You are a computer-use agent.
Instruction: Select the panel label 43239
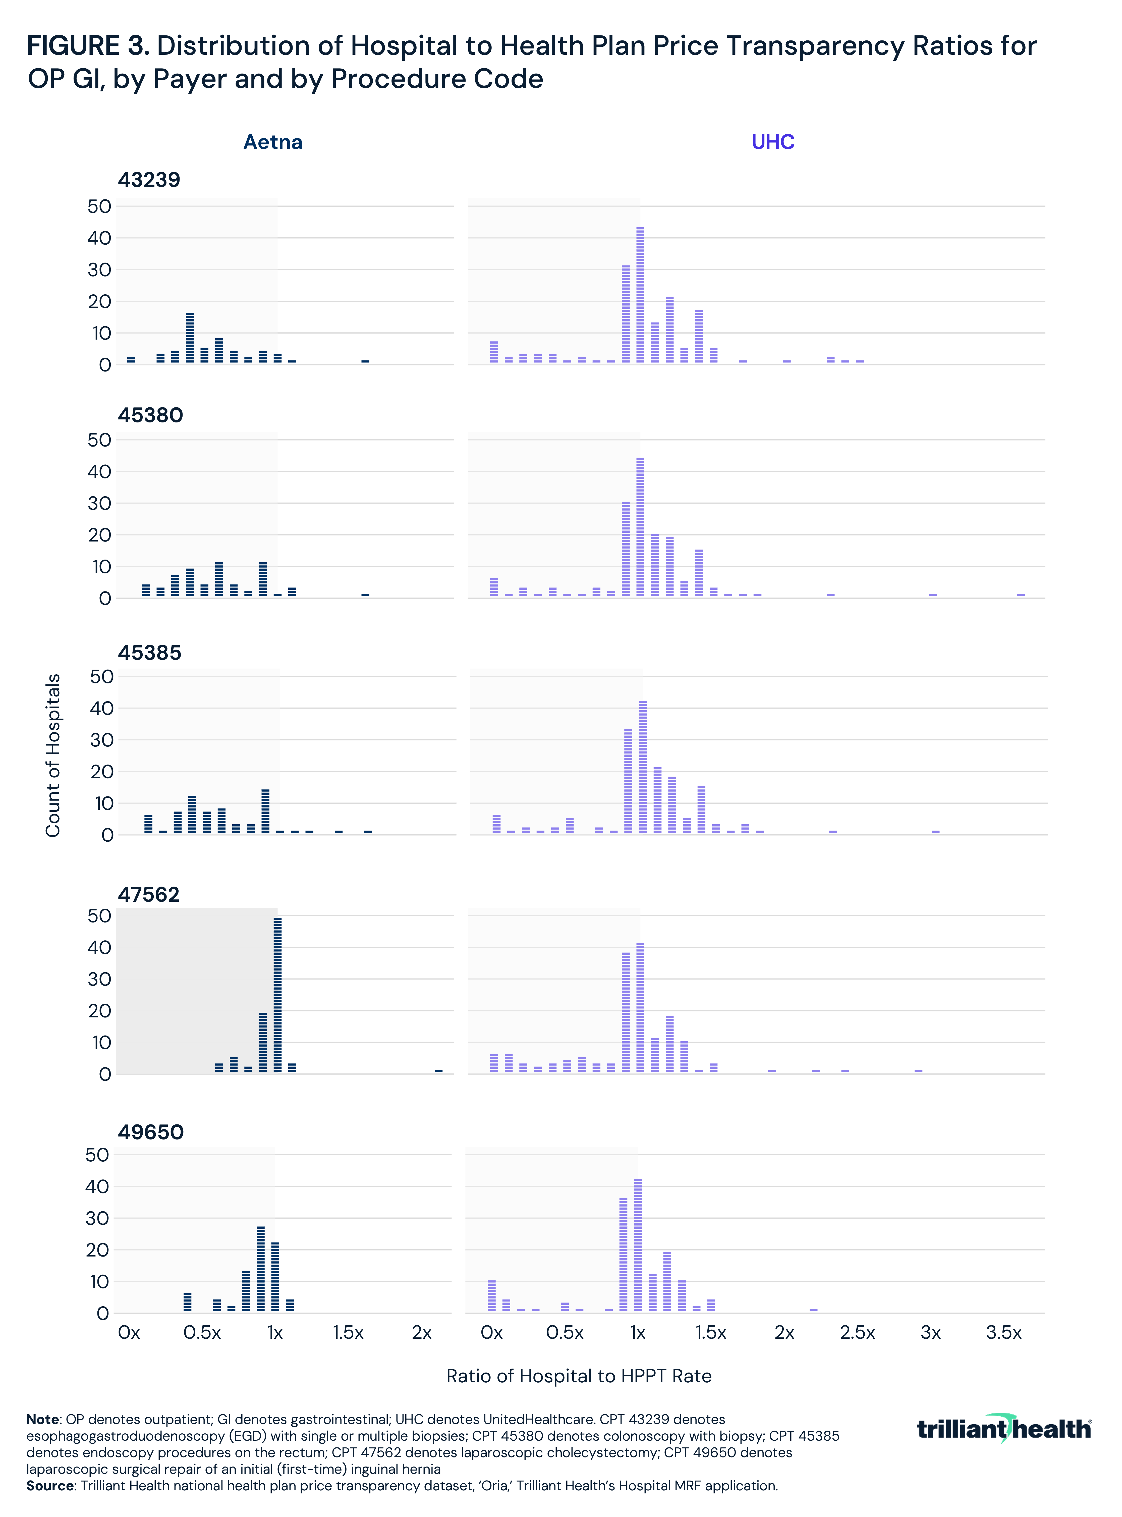[149, 180]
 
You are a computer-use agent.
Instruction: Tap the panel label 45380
[150, 415]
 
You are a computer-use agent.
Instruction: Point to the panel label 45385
[149, 653]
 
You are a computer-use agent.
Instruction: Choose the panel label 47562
[149, 895]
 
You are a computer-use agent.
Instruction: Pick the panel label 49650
[151, 1132]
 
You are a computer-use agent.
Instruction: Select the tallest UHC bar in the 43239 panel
[640, 295]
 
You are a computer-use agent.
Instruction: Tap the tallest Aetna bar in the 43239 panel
[190, 338]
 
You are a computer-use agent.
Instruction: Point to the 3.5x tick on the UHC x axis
[1003, 1333]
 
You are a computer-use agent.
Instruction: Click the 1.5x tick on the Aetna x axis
[348, 1333]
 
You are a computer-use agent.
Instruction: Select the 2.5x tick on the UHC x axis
[857, 1333]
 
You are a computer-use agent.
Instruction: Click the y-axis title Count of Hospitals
[53, 755]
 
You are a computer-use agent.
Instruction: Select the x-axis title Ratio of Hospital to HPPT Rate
[579, 1376]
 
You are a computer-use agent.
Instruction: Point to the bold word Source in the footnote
[49, 1486]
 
